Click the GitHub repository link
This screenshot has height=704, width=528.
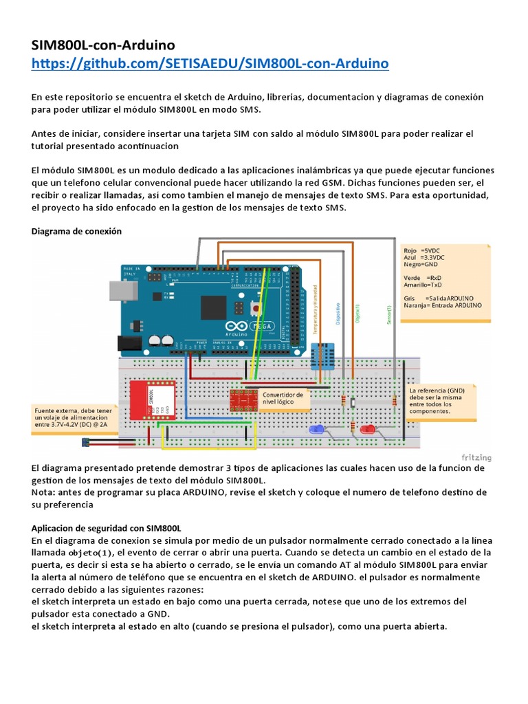(x=210, y=63)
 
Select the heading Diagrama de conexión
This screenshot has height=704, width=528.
(x=77, y=231)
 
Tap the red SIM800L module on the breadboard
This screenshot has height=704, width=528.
(x=151, y=399)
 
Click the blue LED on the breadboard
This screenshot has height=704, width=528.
(x=317, y=430)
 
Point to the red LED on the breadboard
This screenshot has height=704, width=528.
(x=368, y=430)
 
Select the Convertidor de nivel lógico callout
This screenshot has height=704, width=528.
(x=283, y=399)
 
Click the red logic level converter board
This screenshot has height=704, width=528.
(x=244, y=399)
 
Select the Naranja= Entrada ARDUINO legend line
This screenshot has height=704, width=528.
(x=443, y=304)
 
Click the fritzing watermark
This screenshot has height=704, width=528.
(x=476, y=456)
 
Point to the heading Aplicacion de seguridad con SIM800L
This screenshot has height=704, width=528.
(x=107, y=529)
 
